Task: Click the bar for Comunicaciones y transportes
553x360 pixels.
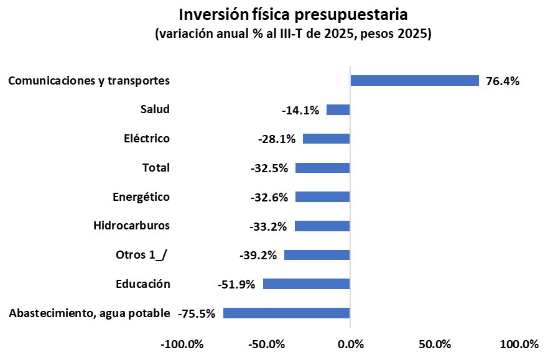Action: coord(414,80)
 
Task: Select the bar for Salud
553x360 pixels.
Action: coord(338,109)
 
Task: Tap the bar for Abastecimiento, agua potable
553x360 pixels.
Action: coord(286,313)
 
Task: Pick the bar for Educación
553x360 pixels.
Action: coord(306,284)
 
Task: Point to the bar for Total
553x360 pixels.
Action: coord(322,168)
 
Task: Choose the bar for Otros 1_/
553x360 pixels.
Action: coord(317,255)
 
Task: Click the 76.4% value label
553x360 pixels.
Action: coord(502,81)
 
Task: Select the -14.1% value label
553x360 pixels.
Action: coord(300,110)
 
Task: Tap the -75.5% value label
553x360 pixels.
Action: coord(197,313)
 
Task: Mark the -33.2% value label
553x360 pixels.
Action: coord(268,226)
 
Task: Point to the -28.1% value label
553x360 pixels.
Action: coord(277,139)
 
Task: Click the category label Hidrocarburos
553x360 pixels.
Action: coord(131,225)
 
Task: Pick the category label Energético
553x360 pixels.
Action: coord(141,196)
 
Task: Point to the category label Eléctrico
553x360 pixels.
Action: coord(147,138)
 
